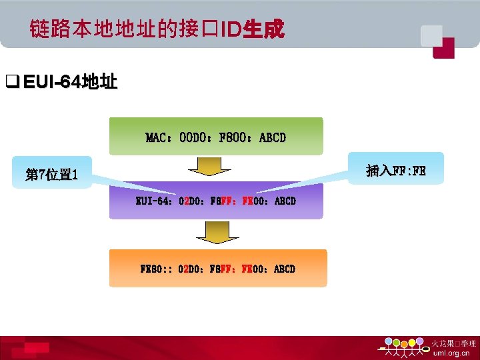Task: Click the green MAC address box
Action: coord(216,137)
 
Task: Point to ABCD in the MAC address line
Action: coord(272,138)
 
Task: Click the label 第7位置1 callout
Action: coord(52,175)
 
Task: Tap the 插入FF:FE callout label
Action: coord(396,171)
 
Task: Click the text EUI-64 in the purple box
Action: coord(153,201)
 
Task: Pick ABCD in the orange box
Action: coord(284,269)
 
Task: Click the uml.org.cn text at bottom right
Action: coord(451,353)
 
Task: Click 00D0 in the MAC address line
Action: coord(194,138)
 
